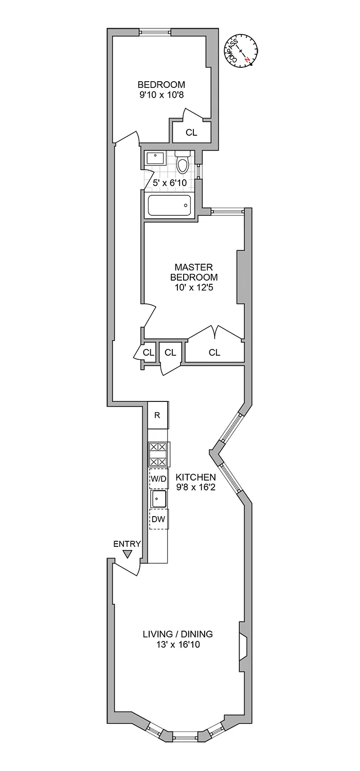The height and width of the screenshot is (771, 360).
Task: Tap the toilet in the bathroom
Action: (x=183, y=163)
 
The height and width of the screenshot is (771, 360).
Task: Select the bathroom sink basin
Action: (x=155, y=158)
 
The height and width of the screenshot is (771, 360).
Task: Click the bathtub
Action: (x=169, y=206)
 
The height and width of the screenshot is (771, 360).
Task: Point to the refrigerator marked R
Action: (x=158, y=415)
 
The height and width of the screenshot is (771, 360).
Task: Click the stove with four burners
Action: (x=158, y=454)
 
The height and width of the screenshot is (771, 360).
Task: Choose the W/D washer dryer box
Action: (x=158, y=479)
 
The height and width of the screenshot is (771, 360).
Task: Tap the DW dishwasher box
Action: (x=158, y=519)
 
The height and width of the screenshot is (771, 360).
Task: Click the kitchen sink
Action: (x=158, y=498)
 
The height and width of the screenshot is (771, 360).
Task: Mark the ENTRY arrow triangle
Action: (x=128, y=554)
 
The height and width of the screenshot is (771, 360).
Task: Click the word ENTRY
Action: (x=127, y=544)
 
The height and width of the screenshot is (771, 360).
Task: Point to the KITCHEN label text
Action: (x=195, y=477)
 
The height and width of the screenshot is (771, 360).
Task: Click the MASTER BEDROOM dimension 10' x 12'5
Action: (x=193, y=288)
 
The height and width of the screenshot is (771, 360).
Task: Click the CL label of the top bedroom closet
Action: (x=191, y=132)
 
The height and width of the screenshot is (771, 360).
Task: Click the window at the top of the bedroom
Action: (x=155, y=33)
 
